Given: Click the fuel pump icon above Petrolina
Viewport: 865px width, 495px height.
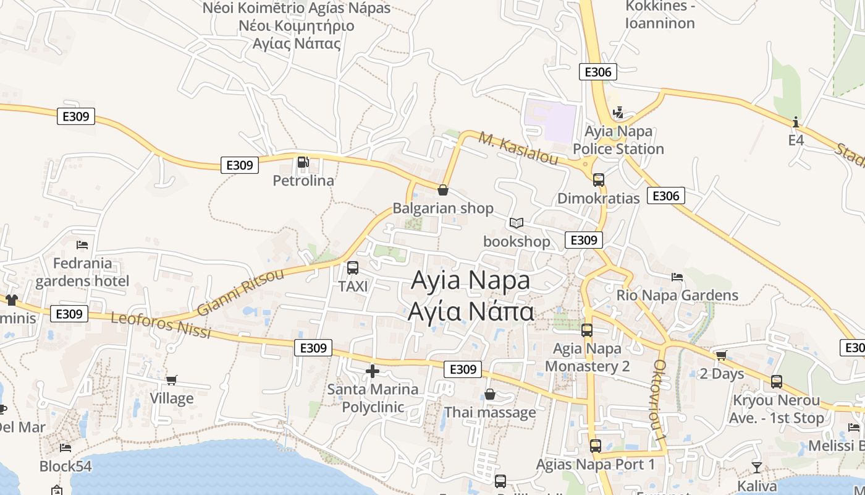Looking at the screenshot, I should coord(303,162).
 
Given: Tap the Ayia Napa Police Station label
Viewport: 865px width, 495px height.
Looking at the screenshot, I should coord(618,140).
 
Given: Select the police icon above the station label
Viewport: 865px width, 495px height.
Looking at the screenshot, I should coord(618,113).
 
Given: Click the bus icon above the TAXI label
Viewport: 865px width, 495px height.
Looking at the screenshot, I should coord(353,268).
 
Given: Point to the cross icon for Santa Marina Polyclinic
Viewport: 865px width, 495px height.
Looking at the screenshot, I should coord(373,371).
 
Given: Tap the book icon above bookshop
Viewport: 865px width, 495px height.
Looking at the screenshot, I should coord(517,223).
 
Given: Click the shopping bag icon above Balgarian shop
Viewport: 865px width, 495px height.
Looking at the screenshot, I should coord(443,190).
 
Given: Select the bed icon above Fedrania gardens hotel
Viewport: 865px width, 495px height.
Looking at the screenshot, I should coord(82,245).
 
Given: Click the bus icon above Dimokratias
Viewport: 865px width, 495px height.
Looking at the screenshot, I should coord(598,180).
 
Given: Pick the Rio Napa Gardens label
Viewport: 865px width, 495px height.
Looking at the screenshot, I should coord(677,295).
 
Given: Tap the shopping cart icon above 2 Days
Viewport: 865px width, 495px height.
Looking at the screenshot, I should coord(721,356).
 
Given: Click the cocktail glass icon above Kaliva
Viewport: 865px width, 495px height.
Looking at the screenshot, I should coord(757,467).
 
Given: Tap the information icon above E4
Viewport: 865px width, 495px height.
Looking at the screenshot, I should coord(796,121).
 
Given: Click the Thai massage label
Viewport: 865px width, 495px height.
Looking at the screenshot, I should coord(490,412).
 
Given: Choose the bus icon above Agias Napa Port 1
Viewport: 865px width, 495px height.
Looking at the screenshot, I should coord(596,445).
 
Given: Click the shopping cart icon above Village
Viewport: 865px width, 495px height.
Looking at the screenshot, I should coord(172,380).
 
